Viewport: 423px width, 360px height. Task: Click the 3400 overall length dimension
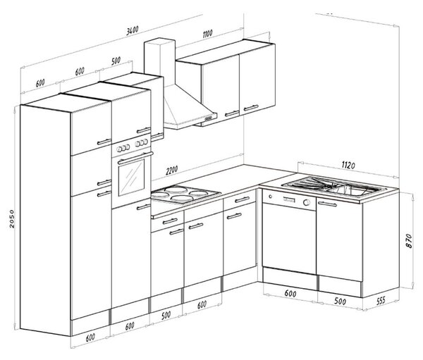(x=133, y=30)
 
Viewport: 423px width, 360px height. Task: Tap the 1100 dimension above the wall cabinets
(x=207, y=34)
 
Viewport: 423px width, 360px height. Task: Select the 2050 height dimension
(x=12, y=218)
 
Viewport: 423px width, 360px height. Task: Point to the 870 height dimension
(x=409, y=241)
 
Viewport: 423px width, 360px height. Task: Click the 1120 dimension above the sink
(x=348, y=165)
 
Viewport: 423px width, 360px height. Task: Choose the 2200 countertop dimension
(x=172, y=170)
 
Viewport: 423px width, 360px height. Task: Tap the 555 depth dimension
(x=381, y=300)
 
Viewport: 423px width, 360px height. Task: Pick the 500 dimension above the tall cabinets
(x=116, y=61)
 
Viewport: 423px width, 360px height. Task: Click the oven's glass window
(x=131, y=177)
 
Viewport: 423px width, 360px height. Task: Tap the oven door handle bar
(x=135, y=159)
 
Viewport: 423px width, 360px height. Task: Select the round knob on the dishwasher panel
(x=307, y=202)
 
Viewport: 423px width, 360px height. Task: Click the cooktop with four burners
(x=185, y=194)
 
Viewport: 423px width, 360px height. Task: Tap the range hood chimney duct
(x=160, y=61)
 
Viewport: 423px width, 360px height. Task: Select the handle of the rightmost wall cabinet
(x=251, y=108)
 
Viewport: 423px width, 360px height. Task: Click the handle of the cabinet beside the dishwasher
(x=327, y=204)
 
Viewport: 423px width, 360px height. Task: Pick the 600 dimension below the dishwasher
(x=290, y=293)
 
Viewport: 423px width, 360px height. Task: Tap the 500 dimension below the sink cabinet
(x=340, y=301)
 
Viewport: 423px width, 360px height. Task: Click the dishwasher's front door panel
(x=289, y=237)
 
